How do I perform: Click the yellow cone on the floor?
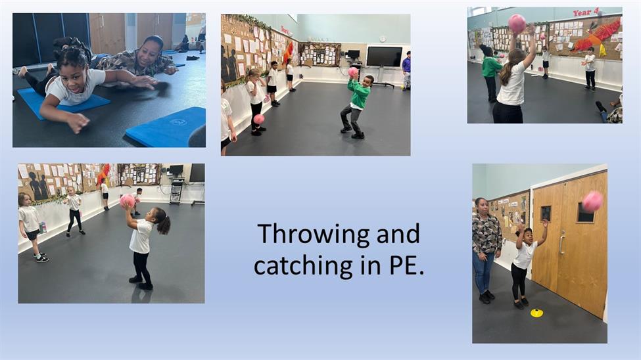coord(536,313)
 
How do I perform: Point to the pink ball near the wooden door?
coord(592,202)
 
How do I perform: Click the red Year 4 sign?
coord(586,12)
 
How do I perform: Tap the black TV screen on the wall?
coord(385,56)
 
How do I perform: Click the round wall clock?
coord(382,39)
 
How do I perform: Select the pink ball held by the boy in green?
coord(353,73)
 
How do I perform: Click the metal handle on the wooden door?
coord(561,242)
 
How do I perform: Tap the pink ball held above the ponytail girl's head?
coord(127,201)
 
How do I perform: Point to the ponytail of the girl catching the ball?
coord(164,224)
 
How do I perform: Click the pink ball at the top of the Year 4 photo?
coord(517,23)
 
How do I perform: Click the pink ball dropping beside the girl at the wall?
coord(259,119)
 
